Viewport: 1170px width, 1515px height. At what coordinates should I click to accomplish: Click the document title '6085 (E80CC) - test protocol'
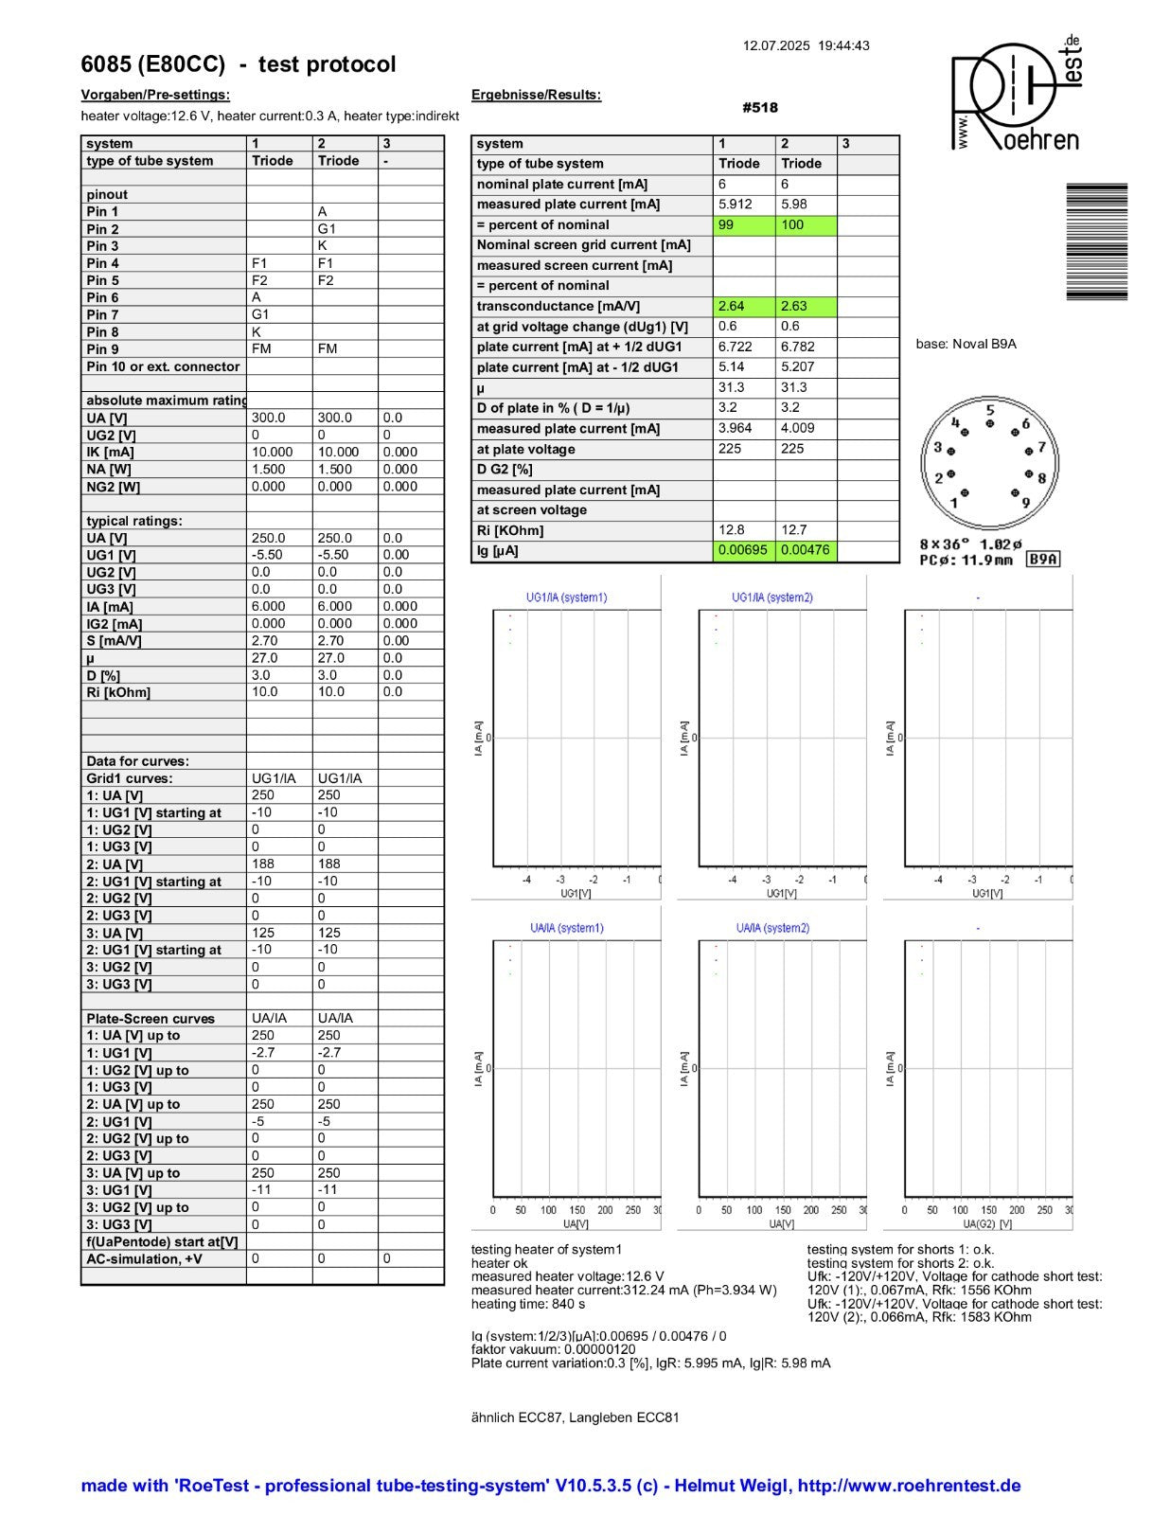pos(239,64)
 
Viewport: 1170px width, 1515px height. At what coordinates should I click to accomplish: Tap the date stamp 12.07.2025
pos(776,45)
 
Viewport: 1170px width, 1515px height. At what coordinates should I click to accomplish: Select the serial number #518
pos(759,108)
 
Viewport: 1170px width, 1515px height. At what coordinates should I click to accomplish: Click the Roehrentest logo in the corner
pos(1016,95)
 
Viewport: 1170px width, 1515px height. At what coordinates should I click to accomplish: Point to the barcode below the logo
pos(1096,241)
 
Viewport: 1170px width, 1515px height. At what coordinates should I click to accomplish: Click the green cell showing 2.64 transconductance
pos(732,306)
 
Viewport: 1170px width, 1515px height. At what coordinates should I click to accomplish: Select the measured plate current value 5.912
pos(736,205)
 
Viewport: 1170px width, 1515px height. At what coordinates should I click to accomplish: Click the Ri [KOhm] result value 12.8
pos(731,530)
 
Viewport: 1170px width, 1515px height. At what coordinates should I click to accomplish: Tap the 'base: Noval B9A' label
pos(966,344)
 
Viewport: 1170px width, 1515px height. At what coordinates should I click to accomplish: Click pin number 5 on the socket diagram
pos(990,411)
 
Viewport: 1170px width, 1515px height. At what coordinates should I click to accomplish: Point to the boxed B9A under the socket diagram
pos(1042,560)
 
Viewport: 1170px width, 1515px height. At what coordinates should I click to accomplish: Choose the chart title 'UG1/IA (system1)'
pos(566,597)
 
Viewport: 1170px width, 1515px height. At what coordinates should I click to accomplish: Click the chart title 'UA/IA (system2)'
pos(772,928)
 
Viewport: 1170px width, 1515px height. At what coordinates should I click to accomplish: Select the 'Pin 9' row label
pos(103,349)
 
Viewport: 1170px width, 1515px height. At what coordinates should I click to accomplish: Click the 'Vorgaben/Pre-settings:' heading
pos(155,95)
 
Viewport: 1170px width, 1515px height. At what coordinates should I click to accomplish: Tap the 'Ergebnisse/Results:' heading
pos(536,95)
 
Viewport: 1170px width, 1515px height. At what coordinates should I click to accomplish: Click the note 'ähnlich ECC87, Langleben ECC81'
pos(575,1417)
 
